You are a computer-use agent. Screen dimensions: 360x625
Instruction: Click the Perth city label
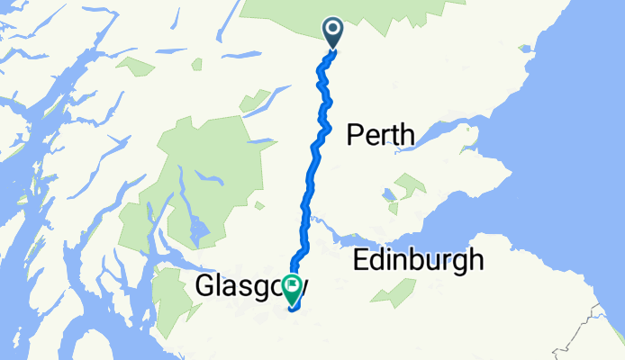381,136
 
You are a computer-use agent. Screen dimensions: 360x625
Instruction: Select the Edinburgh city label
418,261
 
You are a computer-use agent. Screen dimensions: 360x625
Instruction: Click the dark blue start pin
333,32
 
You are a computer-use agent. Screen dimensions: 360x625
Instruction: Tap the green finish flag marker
293,287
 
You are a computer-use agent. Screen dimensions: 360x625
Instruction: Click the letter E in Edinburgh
361,261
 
